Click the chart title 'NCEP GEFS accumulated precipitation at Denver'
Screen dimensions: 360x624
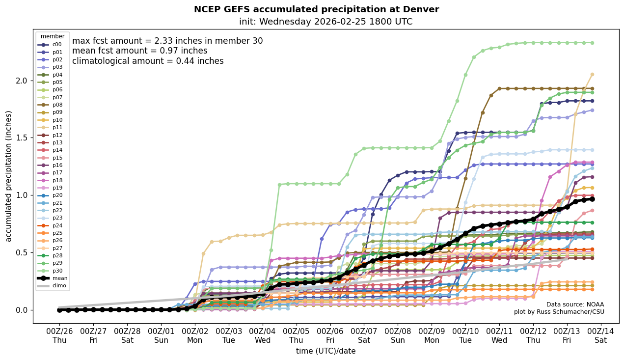click(316, 9)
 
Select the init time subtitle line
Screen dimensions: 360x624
click(326, 22)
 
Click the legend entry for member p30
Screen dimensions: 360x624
click(53, 271)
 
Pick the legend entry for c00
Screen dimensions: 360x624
click(53, 45)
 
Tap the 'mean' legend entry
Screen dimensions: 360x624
click(53, 278)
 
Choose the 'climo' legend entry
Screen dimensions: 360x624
click(53, 286)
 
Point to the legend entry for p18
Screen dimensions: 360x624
click(53, 180)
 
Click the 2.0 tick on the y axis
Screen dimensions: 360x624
click(22, 81)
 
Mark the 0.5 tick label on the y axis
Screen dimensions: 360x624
click(22, 252)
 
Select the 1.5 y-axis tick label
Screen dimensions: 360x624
click(22, 138)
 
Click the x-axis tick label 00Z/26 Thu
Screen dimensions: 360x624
click(59, 335)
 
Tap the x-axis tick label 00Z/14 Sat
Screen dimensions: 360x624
click(601, 335)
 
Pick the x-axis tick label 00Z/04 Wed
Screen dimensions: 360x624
click(262, 335)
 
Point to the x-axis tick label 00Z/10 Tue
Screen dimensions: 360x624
click(465, 335)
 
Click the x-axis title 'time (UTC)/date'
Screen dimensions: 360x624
click(326, 351)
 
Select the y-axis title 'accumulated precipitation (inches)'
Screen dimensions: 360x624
click(8, 176)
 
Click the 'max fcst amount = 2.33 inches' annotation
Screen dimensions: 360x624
click(167, 41)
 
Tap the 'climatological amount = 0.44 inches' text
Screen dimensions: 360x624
click(148, 61)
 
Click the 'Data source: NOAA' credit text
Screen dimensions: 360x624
click(575, 305)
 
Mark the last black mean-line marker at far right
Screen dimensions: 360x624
click(592, 199)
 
